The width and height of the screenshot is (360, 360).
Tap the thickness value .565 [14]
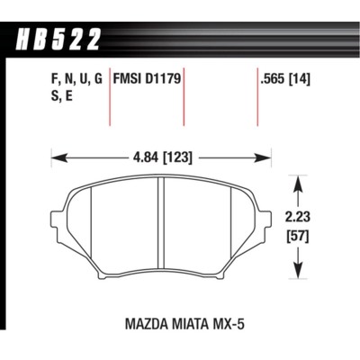pos(285,78)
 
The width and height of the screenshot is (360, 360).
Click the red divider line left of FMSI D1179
pos(110,99)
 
